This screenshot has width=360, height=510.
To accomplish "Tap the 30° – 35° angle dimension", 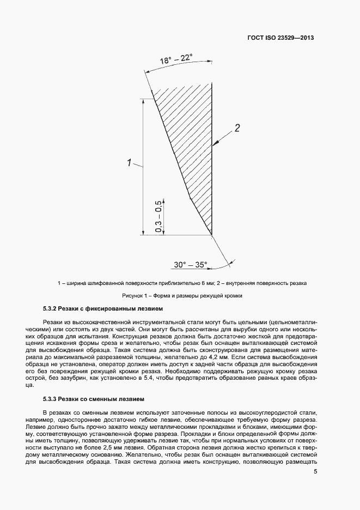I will click(190, 264).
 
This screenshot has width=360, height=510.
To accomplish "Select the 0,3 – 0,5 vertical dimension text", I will click(158, 217).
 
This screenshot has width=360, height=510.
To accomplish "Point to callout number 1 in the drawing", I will click(129, 162).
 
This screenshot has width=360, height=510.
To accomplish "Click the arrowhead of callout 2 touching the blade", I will click(214, 145).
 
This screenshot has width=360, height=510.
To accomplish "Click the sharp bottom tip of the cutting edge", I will click(211, 235).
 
